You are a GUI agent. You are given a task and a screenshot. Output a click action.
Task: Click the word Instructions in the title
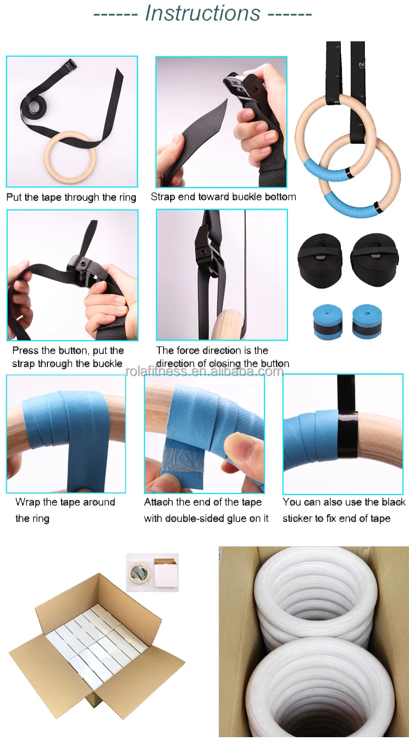(x=203, y=13)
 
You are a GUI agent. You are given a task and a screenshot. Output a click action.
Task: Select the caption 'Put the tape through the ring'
(x=71, y=197)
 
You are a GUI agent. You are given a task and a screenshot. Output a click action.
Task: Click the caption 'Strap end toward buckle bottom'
(x=224, y=196)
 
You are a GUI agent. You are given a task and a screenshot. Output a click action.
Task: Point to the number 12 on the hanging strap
(x=361, y=65)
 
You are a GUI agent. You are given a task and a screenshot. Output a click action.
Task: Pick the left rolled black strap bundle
(x=320, y=261)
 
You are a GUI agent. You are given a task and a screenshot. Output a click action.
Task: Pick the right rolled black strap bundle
(x=374, y=261)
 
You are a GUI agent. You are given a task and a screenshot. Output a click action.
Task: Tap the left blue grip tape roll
(x=328, y=322)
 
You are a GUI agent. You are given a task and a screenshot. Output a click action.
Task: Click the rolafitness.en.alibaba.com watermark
(x=204, y=371)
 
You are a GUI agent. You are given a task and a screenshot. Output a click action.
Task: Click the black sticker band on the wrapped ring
(x=348, y=434)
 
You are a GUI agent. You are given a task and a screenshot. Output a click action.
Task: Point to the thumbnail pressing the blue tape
(x=236, y=448)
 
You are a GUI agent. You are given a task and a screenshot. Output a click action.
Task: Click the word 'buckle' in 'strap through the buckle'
(x=107, y=363)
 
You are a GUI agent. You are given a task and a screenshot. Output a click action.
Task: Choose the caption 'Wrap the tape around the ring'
(x=65, y=510)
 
